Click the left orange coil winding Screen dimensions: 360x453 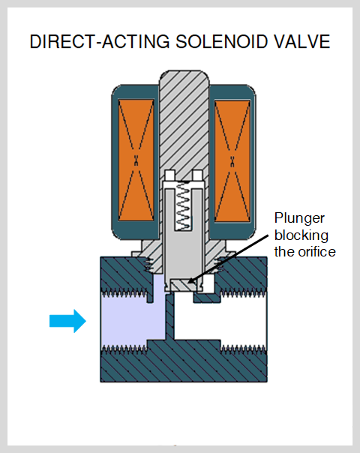136,160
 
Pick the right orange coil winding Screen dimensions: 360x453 232,161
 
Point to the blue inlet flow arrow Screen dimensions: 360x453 67,321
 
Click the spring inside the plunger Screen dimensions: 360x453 184,206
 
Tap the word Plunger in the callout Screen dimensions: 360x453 299,219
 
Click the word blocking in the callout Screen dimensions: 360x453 301,235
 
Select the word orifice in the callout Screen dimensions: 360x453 317,252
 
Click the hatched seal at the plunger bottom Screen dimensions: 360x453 184,286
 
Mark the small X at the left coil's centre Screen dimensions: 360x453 136,160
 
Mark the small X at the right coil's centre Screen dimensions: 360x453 232,161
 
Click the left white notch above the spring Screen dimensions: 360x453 170,175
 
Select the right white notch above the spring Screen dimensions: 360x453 197,175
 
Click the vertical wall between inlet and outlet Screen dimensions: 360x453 170,317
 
